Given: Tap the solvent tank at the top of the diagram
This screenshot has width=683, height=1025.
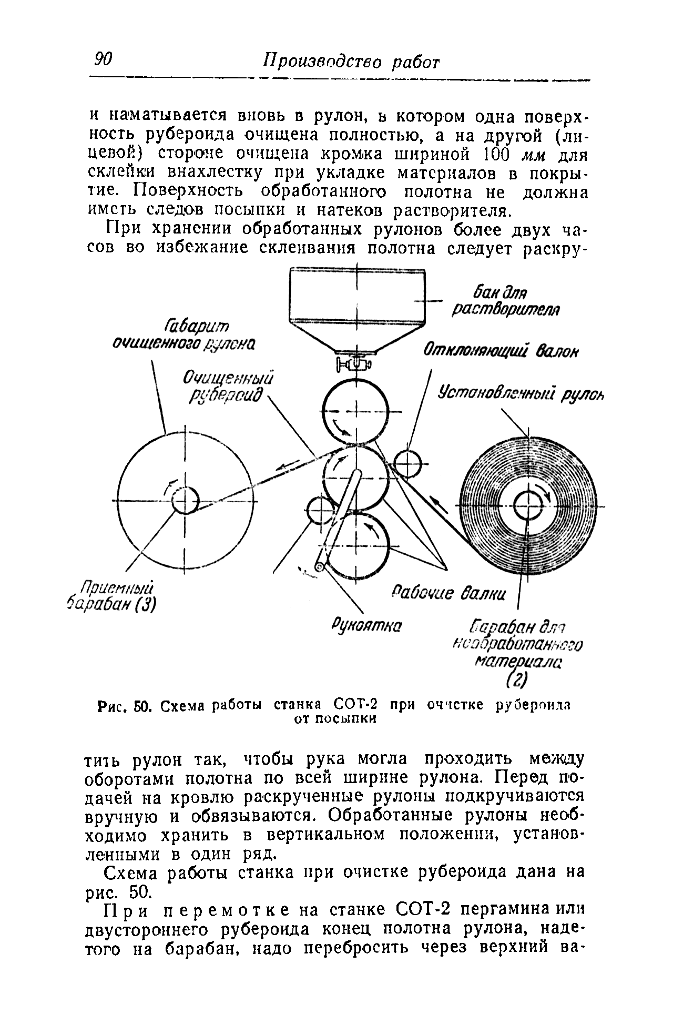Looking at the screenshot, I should click(357, 305).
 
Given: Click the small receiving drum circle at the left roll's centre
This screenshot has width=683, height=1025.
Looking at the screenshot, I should click(185, 500).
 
